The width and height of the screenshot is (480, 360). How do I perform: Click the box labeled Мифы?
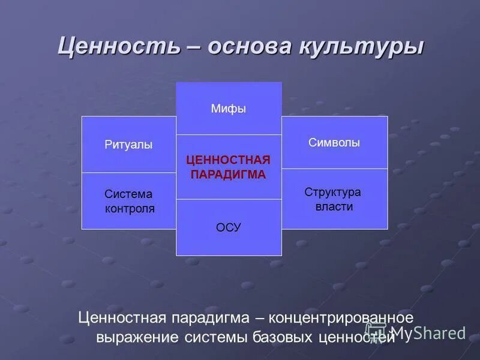229,109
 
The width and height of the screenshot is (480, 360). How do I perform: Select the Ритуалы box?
128,145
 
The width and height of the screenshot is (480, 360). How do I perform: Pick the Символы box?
334,143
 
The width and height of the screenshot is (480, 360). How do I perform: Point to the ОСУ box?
229,227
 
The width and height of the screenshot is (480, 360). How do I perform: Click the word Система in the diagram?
128,194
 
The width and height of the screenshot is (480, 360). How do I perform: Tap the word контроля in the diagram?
130,209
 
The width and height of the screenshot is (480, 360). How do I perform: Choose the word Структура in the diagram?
333,192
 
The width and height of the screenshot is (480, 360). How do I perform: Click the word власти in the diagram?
334,206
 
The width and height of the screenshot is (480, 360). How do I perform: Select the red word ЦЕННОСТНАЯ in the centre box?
229,160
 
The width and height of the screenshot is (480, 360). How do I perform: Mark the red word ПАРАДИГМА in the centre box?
229,175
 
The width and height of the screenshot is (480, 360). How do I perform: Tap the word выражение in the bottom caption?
137,337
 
